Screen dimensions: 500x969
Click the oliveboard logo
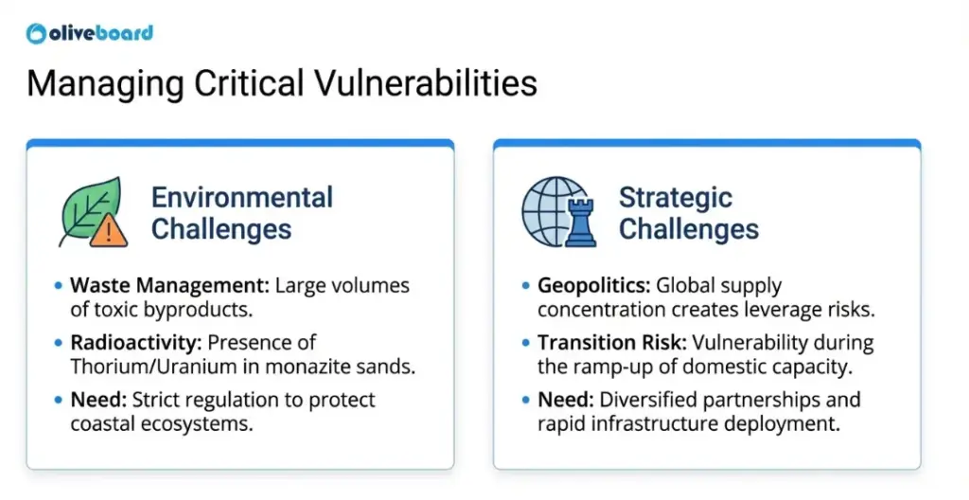90,33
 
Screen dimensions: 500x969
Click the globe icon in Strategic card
549,210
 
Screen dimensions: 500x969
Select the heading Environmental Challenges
242,213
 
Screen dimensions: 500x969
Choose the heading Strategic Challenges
688,213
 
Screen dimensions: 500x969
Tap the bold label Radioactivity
127,342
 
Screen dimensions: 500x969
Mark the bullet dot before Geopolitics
526,285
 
